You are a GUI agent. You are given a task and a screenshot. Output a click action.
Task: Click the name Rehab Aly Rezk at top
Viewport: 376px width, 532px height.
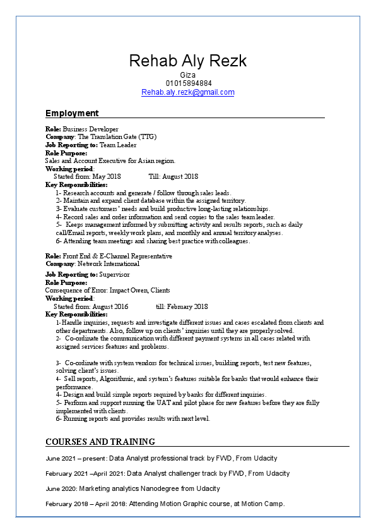click(187, 61)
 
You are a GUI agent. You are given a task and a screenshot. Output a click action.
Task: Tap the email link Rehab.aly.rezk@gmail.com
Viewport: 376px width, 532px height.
click(187, 92)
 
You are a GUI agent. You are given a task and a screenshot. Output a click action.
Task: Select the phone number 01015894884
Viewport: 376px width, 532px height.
click(189, 83)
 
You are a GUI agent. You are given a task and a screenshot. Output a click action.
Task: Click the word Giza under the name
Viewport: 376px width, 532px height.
click(188, 75)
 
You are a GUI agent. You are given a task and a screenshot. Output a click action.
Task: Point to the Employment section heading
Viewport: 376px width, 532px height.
click(72, 114)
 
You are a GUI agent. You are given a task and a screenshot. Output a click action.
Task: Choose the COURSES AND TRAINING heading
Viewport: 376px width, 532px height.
click(100, 442)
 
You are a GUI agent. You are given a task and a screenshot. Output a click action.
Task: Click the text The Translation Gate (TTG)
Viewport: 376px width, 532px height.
click(117, 137)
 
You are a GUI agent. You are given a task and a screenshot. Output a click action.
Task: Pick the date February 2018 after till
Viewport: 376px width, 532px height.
click(187, 306)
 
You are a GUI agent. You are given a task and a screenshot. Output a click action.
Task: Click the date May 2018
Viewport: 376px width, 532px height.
click(106, 177)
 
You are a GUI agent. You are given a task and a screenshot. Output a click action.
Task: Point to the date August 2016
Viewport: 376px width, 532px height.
click(110, 306)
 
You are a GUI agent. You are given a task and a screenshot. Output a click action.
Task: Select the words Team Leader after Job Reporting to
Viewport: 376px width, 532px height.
click(118, 145)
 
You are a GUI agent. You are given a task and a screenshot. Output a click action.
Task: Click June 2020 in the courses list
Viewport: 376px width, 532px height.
click(61, 488)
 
